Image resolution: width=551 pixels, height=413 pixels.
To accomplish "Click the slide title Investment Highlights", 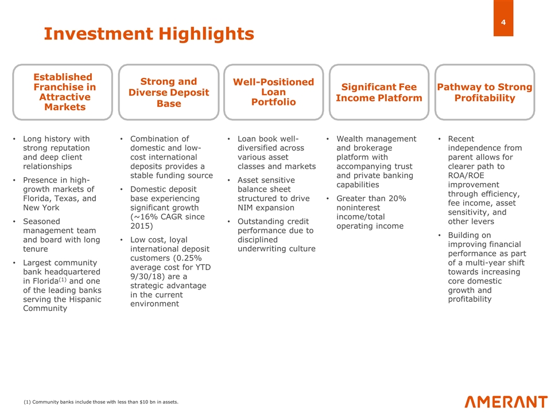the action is pyautogui.click(x=149, y=34).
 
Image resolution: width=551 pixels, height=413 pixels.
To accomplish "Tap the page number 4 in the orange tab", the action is pyautogui.click(x=503, y=22).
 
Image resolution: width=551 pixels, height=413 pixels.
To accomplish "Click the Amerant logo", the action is pyautogui.click(x=506, y=402).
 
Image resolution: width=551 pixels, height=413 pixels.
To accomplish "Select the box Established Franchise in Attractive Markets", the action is pyautogui.click(x=63, y=92).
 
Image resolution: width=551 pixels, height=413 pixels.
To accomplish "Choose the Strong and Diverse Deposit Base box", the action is pyautogui.click(x=169, y=92).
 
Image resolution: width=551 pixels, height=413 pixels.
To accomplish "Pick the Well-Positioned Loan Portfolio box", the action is pyautogui.click(x=274, y=92).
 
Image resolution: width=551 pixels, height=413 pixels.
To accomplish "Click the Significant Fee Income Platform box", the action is pyautogui.click(x=379, y=92).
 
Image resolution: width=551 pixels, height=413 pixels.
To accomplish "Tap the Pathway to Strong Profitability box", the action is pyautogui.click(x=485, y=92).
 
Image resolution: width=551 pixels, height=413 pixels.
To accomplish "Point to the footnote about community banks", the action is pyautogui.click(x=101, y=402).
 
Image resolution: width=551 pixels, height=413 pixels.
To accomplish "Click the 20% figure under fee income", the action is pyautogui.click(x=397, y=198).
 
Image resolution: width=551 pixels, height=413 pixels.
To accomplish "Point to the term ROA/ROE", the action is pyautogui.click(x=466, y=176).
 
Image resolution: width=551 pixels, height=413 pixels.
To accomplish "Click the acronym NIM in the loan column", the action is pyautogui.click(x=245, y=208).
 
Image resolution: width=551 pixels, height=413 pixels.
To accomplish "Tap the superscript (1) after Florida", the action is pyautogui.click(x=62, y=280).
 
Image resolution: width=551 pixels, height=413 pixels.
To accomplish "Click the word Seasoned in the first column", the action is pyautogui.click(x=41, y=221).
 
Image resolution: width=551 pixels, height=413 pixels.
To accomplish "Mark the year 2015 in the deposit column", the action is pyautogui.click(x=140, y=226).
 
